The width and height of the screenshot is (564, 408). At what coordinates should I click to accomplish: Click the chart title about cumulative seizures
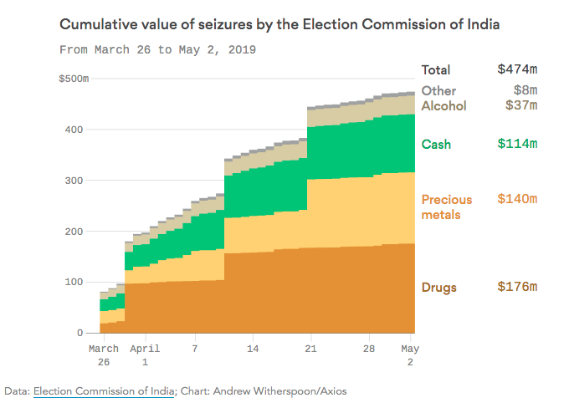tap(279, 24)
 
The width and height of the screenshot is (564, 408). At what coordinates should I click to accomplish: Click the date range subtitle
tap(157, 49)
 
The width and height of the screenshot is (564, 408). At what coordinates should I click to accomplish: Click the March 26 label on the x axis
tap(105, 354)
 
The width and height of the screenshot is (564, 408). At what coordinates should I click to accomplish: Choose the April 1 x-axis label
tap(146, 354)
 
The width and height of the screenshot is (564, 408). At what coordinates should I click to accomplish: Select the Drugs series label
tap(439, 288)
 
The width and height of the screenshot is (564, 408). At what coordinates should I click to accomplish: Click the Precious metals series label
tap(446, 207)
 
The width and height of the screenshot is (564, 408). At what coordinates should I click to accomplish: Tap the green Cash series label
tap(436, 144)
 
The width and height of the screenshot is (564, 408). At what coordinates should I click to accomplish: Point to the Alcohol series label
tap(444, 105)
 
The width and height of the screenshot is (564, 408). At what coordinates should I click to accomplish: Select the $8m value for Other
tap(524, 90)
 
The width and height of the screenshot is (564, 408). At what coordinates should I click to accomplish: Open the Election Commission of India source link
tap(104, 390)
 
